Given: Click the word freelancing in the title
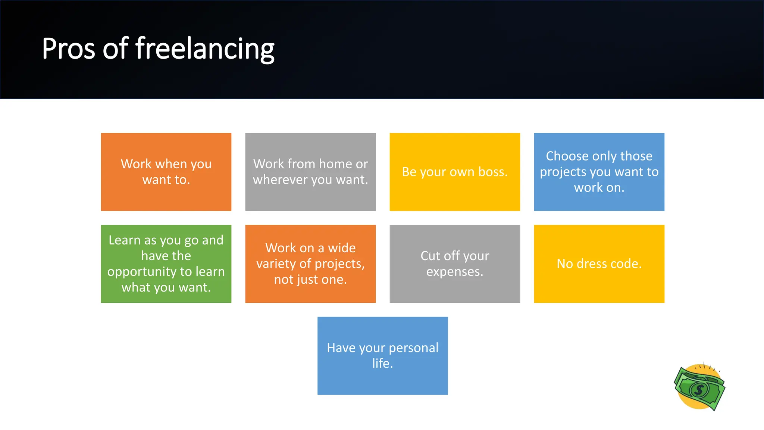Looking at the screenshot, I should [204, 49].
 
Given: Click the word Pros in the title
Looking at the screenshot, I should [68, 49].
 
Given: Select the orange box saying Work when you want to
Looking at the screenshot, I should [166, 172].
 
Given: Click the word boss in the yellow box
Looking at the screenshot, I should [491, 172].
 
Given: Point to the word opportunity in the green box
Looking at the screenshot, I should [141, 272].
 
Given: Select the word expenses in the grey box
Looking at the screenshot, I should [454, 272].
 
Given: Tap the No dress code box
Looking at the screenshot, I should [599, 264].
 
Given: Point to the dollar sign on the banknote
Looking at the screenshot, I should [699, 390].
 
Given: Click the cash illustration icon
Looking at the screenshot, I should [700, 387].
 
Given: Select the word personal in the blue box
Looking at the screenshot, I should [413, 348].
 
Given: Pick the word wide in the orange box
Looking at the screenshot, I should [341, 248].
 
